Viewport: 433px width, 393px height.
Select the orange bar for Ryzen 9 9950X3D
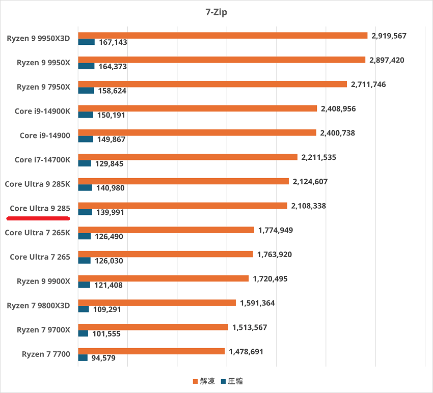click(223, 36)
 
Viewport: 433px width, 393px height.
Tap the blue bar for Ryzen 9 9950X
click(86, 66)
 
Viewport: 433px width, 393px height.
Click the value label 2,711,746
click(368, 85)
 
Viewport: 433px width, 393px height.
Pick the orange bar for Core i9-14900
click(197, 133)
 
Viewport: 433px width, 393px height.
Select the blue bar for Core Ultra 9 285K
click(85, 188)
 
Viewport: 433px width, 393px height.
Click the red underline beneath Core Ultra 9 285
click(38, 218)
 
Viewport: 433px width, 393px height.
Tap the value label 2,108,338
click(309, 206)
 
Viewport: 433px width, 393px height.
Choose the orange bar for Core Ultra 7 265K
click(166, 230)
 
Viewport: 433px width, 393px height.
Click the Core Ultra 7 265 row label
click(40, 257)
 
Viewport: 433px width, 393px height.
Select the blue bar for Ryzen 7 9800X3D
click(84, 309)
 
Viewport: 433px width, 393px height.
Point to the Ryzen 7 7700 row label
click(46, 354)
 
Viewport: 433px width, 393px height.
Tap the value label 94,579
click(103, 358)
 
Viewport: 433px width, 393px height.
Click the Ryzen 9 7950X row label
click(43, 87)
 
